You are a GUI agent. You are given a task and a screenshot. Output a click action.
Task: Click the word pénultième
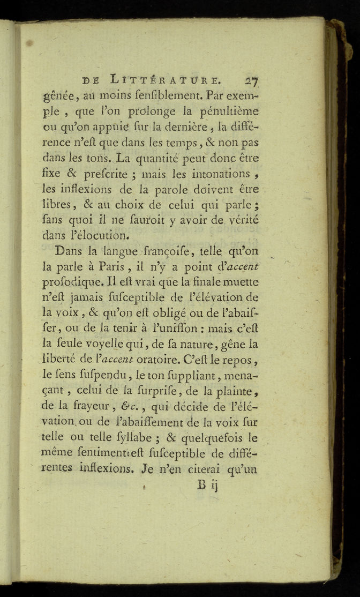[231, 111]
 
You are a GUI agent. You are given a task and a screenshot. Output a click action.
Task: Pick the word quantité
[151, 159]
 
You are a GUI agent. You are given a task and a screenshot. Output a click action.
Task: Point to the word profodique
[73, 280]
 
